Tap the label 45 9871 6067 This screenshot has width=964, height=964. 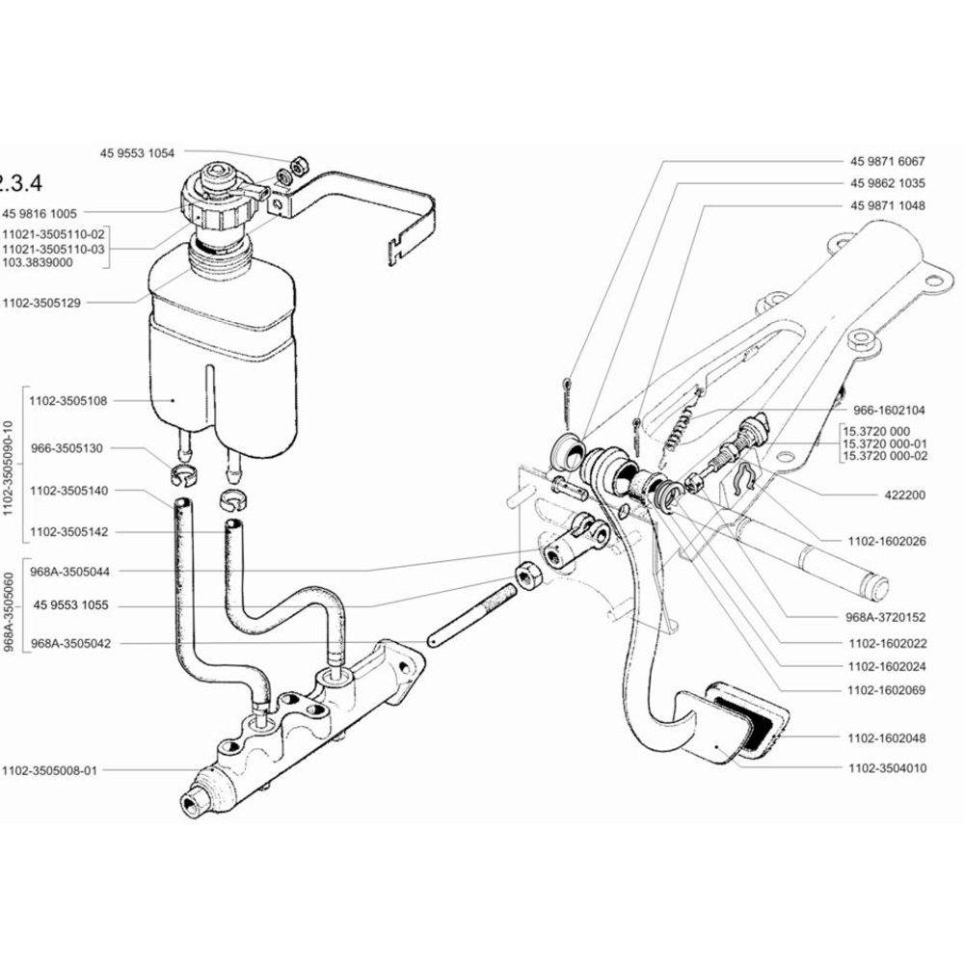click(x=887, y=161)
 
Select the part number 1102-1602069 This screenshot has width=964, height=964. click(x=886, y=690)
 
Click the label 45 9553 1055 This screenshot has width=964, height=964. click(x=72, y=607)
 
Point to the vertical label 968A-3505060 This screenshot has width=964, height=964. click(x=10, y=612)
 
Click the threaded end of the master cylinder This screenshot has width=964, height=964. click(x=195, y=799)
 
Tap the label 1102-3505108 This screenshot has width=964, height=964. click(x=67, y=399)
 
